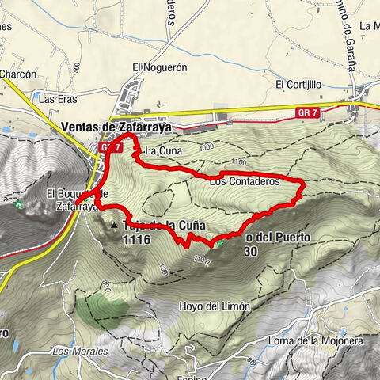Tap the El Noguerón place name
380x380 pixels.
(x=159, y=67)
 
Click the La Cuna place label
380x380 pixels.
(x=160, y=150)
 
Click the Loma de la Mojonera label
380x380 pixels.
(x=325, y=341)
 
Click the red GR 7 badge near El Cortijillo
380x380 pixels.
(x=310, y=114)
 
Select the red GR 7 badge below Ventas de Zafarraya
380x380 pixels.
(x=110, y=147)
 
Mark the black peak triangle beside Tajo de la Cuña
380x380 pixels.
(x=115, y=226)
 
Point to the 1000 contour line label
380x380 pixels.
(x=207, y=147)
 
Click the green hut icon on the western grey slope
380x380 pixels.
(x=17, y=203)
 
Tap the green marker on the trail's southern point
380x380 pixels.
(x=222, y=244)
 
